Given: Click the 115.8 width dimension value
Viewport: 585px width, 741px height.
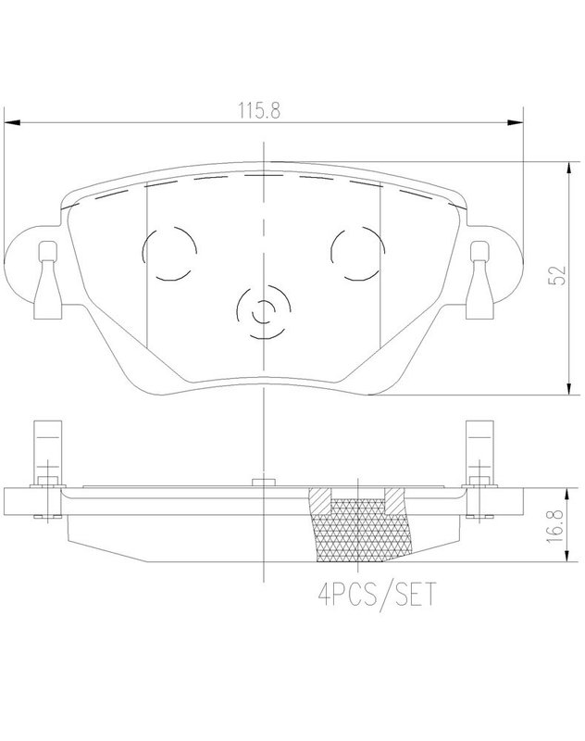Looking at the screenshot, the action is pos(259,110).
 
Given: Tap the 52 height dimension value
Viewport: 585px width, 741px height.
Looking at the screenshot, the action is pos(557,275).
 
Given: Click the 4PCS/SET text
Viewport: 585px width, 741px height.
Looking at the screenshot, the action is pos(377,595).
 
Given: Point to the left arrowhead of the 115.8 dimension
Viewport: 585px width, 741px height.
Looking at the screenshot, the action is pos(12,123).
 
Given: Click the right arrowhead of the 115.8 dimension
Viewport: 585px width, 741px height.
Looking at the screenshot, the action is pos(516,123).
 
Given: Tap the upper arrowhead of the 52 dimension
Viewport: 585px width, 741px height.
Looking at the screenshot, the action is pos(570,170).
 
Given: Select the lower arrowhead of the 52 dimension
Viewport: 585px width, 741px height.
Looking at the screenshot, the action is pos(570,387).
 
